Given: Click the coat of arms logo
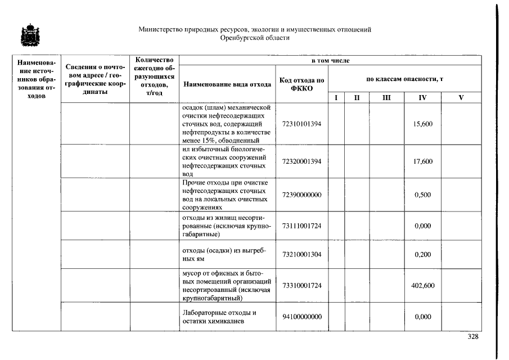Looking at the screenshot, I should tap(26, 35).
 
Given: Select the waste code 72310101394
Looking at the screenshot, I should tap(301, 124).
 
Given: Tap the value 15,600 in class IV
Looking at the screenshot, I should tap(422, 124).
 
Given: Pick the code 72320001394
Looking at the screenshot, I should tap(301, 161).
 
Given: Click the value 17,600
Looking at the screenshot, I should tap(422, 161).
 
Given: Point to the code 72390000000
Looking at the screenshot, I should tap(301, 195).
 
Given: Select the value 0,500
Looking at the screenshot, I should tap(422, 195).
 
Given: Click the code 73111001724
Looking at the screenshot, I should tap(301, 226).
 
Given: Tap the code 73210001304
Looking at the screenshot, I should tap(301, 255).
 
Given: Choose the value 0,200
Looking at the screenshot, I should tap(422, 255).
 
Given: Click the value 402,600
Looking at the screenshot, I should tap(422, 286).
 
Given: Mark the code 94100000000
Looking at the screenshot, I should tap(301, 317).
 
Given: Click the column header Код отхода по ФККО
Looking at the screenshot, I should tap(301, 84).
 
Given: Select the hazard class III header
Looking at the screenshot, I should tap(386, 98).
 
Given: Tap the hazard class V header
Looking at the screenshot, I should tap(461, 98).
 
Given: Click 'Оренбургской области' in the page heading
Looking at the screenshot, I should tap(255, 38).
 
